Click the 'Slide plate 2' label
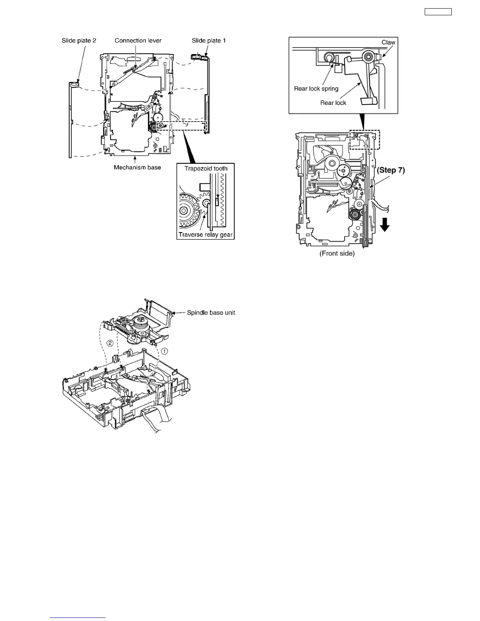pos(79,40)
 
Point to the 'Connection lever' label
pos(138,40)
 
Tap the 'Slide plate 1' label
pos(209,40)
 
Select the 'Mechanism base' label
pos(137,167)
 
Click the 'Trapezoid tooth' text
pos(206,169)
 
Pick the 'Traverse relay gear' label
pos(205,235)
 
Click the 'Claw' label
pos(388,42)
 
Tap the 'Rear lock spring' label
pos(316,89)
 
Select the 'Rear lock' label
pos(333,103)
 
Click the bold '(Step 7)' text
pos(391,170)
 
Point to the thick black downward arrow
pos(385,225)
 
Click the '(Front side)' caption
pos(337,253)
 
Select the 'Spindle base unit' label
pos(211,312)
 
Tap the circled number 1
pos(165,351)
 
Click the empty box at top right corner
pos(438,12)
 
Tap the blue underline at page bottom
pos(78,618)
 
